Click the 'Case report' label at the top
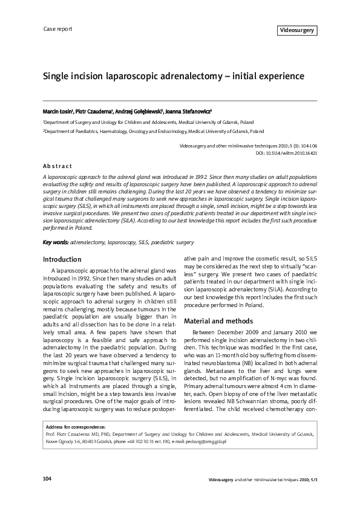pos(58,29)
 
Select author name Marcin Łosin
pos(58,112)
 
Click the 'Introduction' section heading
pos(62,259)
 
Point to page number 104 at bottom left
pos(47,479)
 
